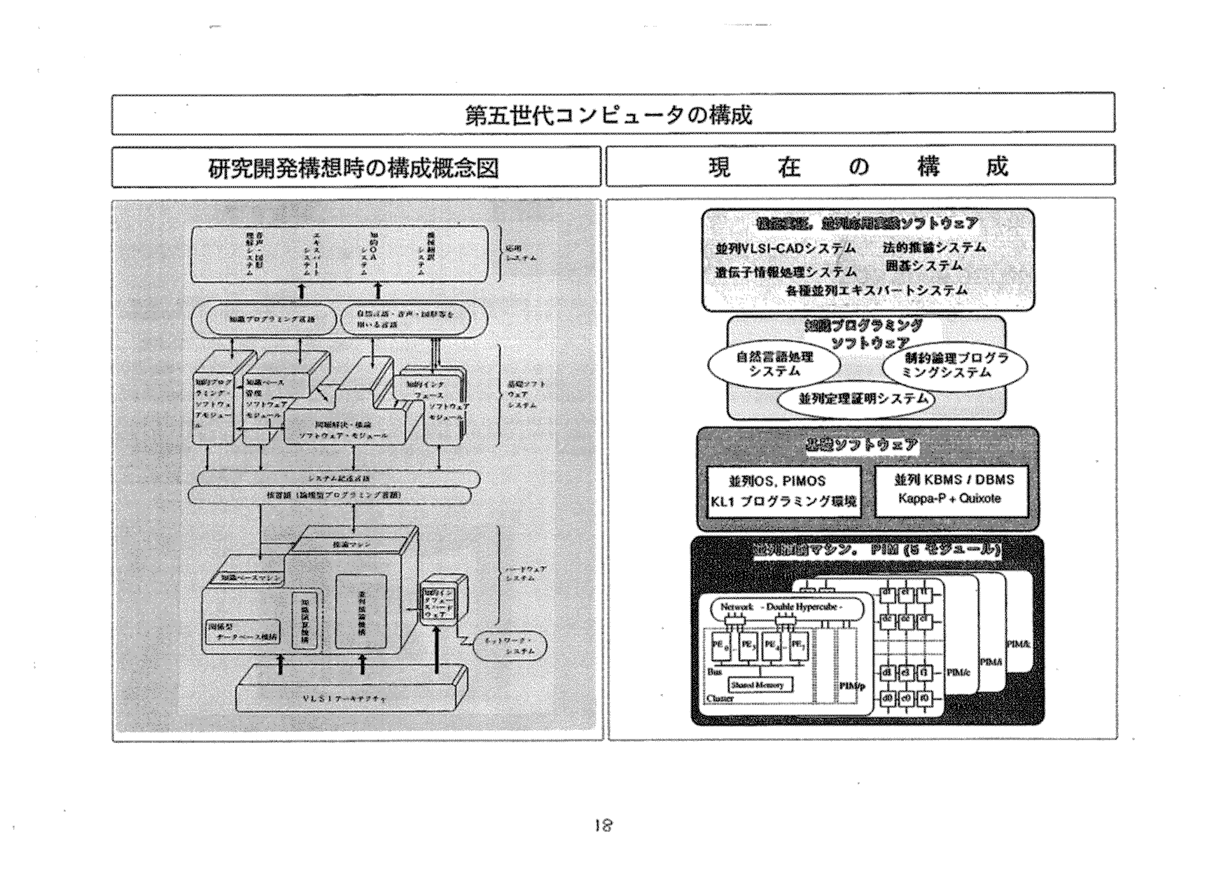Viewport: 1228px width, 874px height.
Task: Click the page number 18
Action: click(600, 826)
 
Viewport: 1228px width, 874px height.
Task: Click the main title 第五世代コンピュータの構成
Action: click(608, 114)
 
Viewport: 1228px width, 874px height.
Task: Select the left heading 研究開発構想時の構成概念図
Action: click(354, 168)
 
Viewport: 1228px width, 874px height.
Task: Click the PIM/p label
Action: click(852, 686)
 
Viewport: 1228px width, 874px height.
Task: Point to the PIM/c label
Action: click(958, 673)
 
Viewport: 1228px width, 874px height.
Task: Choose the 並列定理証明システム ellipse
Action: click(856, 399)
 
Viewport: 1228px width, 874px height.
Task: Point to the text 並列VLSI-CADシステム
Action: click(785, 249)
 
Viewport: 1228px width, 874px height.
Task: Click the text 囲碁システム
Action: click(923, 266)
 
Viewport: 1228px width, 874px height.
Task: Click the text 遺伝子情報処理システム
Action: click(786, 272)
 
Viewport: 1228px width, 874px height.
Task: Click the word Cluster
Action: click(720, 698)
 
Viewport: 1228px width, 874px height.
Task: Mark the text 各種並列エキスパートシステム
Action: click(877, 290)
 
